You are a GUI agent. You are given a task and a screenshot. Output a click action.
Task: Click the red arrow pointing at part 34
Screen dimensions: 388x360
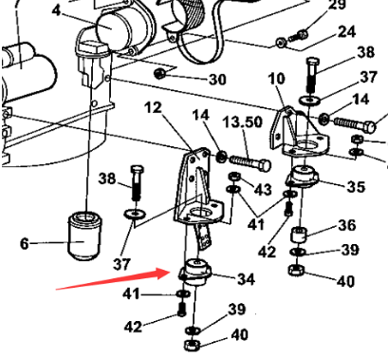(113, 278)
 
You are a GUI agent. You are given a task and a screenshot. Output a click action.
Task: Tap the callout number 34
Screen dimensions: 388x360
(246, 279)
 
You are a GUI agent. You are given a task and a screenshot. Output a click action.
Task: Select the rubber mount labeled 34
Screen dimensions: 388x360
(195, 272)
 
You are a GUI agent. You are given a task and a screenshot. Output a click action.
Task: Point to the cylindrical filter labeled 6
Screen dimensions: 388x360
(85, 236)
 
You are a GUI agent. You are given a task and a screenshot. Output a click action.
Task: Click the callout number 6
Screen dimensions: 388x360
(25, 244)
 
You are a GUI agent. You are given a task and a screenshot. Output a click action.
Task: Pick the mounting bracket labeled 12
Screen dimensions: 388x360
(198, 189)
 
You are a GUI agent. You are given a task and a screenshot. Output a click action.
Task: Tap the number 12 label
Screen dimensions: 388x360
(153, 107)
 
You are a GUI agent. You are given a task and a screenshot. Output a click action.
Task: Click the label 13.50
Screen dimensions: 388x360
(243, 122)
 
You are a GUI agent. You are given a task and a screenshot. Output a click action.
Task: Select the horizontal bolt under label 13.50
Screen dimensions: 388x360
(250, 162)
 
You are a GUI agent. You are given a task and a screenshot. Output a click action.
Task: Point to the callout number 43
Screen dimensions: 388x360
(263, 189)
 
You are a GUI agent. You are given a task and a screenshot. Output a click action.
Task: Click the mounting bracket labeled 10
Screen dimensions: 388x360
(299, 133)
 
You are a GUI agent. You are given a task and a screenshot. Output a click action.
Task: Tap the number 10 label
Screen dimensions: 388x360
(277, 79)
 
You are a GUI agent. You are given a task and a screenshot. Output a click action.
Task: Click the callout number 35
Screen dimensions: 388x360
(357, 186)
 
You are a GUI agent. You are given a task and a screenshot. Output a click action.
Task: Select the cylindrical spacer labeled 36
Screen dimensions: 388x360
(299, 235)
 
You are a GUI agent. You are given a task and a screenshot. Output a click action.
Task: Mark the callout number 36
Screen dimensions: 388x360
(347, 225)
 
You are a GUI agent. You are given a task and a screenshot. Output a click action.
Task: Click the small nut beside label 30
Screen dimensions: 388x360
(159, 74)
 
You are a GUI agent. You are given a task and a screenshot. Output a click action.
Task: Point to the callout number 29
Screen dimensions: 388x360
(338, 6)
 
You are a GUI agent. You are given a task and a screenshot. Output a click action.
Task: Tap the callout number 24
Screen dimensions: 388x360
(347, 32)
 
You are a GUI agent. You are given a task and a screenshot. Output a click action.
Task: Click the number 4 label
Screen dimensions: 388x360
(56, 10)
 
